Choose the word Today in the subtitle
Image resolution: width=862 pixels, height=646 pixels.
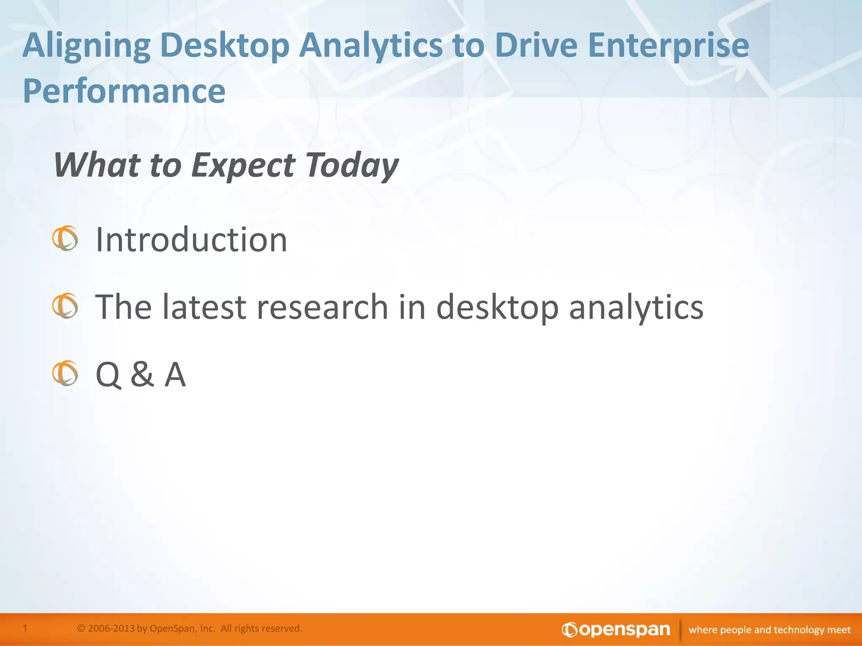[x=351, y=165]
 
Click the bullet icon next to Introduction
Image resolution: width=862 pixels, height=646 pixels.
[x=65, y=238]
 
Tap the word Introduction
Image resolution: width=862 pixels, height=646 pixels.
[x=192, y=240]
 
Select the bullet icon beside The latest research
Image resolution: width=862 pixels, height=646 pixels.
[x=65, y=306]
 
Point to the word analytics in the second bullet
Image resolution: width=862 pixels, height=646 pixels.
[x=636, y=307]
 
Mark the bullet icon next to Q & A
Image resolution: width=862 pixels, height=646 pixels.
[x=65, y=373]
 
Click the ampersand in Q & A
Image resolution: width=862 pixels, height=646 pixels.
[x=142, y=374]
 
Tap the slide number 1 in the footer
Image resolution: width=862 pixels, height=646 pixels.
[x=25, y=628]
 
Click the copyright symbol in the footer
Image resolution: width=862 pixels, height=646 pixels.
[x=81, y=628]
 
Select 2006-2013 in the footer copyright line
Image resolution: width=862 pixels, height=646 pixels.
[x=111, y=628]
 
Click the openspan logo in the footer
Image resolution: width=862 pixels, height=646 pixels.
[x=616, y=630]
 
